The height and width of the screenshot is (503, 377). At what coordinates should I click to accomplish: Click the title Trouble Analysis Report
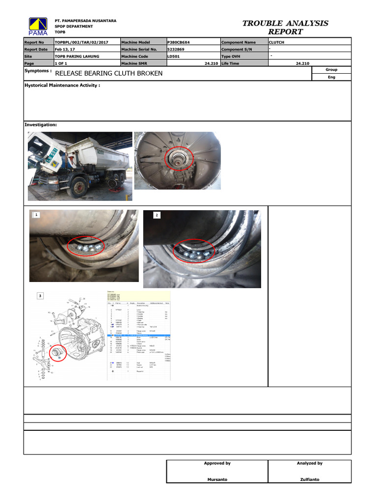click(x=285, y=28)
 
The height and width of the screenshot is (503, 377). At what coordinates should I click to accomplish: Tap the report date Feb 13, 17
click(x=64, y=50)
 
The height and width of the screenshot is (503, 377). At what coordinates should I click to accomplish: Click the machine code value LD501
click(x=174, y=56)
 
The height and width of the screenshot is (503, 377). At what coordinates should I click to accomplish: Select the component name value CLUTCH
click(x=277, y=43)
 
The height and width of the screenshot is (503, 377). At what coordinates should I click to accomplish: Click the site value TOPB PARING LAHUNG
click(x=77, y=56)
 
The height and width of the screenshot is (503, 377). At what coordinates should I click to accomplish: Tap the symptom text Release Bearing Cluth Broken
click(x=108, y=74)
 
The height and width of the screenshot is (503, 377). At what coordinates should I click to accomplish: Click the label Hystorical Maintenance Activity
click(x=62, y=85)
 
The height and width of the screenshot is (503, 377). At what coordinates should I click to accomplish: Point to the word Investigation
click(x=41, y=125)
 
